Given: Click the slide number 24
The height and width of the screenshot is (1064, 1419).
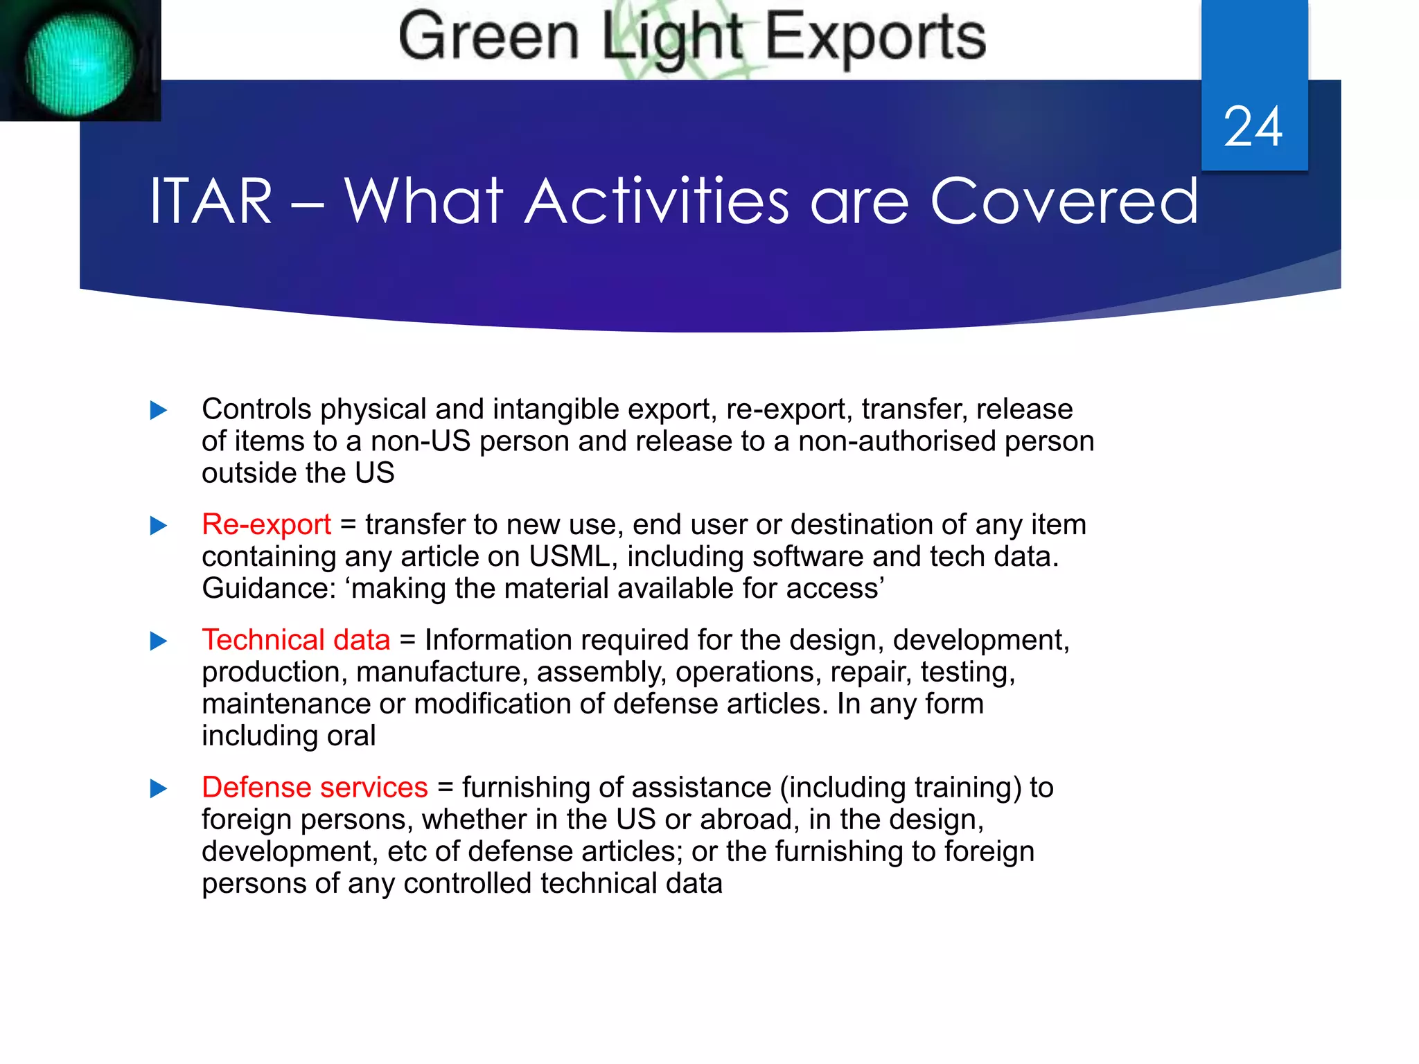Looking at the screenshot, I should click(1253, 127).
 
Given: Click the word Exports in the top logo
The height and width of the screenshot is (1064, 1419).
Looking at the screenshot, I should click(875, 37).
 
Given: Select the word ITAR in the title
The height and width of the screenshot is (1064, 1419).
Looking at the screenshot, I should click(211, 202).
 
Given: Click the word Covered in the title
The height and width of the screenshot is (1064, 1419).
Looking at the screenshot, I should click(1064, 202).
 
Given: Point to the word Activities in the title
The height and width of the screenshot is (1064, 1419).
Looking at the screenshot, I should click(656, 202).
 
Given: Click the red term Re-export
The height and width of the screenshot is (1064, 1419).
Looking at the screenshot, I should click(266, 525).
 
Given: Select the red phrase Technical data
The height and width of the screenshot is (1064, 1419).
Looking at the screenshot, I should click(296, 640).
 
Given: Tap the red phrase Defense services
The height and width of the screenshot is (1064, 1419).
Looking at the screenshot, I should click(315, 788).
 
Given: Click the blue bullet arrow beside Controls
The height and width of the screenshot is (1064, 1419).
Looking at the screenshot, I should click(159, 411).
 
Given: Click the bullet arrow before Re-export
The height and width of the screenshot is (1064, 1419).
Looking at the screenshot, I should click(159, 526).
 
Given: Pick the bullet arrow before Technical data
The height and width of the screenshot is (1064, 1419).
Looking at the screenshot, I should click(159, 641).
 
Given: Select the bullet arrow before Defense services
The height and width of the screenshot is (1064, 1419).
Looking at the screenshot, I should click(159, 788).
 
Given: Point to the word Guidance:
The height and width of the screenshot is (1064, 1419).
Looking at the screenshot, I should click(269, 589).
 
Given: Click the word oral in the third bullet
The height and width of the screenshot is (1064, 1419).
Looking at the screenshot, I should click(351, 736).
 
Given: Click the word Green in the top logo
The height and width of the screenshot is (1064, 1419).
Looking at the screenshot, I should click(488, 37).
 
